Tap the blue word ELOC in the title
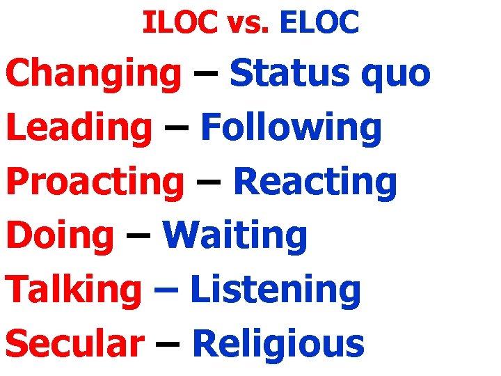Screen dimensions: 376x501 tap(319, 23)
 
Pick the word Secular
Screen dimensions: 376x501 tap(75, 344)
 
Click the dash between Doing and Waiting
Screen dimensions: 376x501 tap(138, 237)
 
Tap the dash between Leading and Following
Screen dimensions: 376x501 tap(176, 130)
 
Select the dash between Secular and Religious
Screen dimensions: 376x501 tap(168, 345)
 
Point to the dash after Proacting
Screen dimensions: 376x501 tap(208, 183)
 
